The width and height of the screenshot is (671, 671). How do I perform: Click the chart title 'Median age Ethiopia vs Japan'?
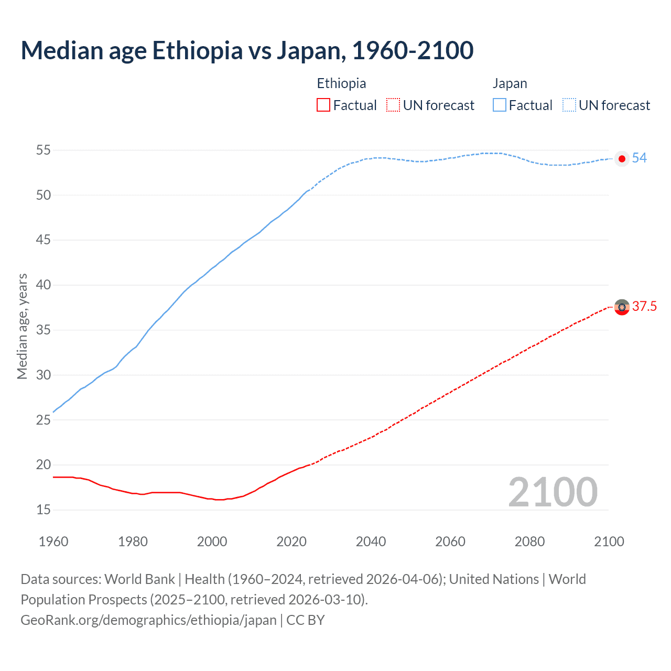(247, 50)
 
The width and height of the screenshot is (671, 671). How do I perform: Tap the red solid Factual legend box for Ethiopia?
(323, 105)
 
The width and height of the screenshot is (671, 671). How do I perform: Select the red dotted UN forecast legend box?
(393, 105)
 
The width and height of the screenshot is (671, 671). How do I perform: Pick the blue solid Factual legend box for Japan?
(499, 105)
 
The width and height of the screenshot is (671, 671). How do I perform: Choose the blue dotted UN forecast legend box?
(569, 105)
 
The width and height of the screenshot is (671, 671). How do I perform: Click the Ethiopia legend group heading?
(341, 83)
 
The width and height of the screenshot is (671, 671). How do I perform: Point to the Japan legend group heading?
(510, 83)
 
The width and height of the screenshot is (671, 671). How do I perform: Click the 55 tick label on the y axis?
(44, 150)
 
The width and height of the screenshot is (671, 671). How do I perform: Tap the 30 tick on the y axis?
(44, 375)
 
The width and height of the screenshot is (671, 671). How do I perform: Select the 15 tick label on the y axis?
(44, 510)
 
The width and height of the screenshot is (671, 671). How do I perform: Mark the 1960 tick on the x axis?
(53, 542)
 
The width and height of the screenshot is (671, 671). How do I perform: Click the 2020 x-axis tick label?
(291, 542)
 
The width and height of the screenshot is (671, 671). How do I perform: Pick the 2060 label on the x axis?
(450, 542)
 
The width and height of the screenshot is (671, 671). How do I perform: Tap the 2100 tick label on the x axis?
(609, 542)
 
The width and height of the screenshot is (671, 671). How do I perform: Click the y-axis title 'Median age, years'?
(22, 326)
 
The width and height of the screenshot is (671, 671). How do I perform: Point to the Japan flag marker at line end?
(622, 159)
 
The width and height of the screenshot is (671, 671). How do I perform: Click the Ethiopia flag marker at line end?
(622, 307)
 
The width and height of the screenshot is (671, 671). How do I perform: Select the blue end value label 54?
(639, 158)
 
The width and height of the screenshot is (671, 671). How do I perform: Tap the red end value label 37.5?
(644, 307)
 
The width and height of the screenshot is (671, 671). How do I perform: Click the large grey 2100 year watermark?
(553, 492)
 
